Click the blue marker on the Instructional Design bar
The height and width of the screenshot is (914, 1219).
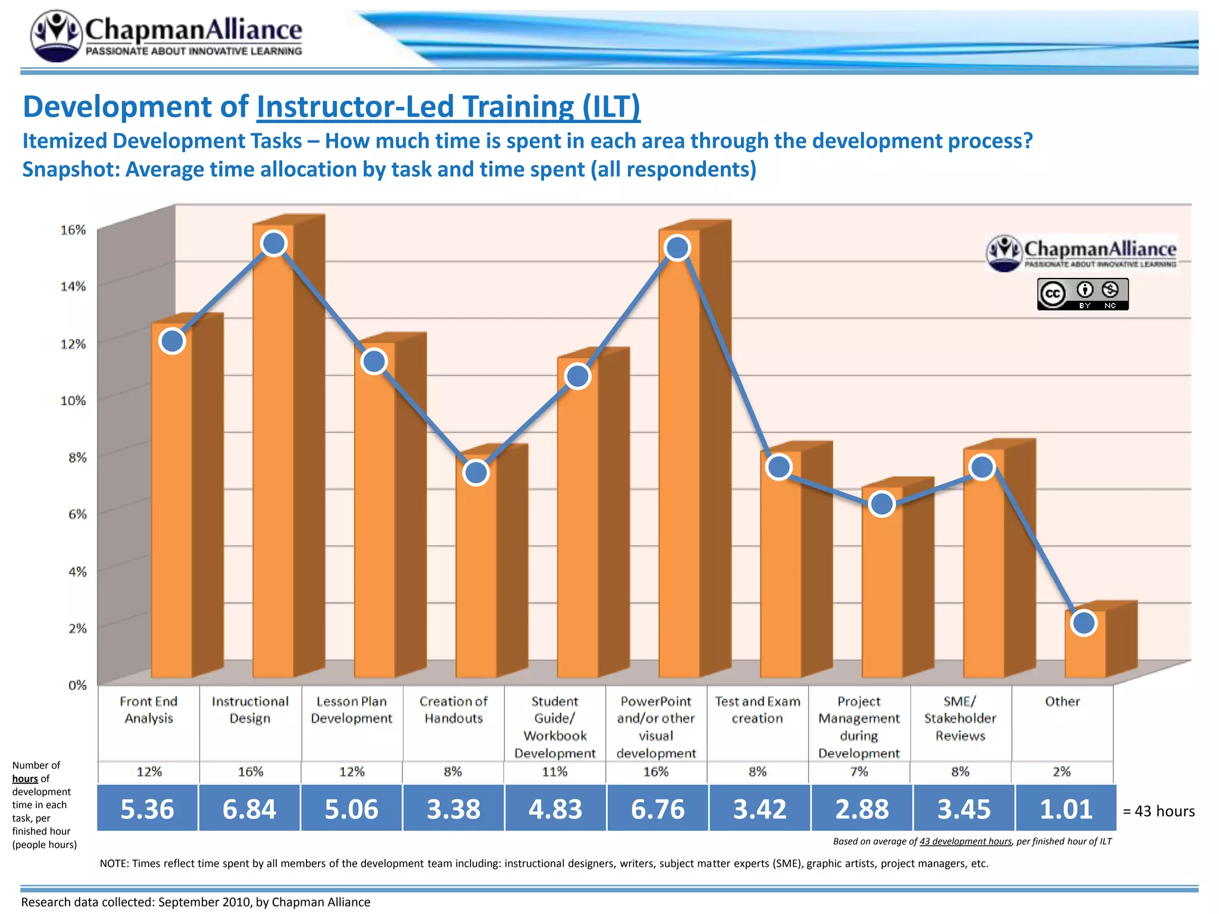[x=274, y=243]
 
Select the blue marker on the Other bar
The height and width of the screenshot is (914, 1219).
[x=1083, y=623]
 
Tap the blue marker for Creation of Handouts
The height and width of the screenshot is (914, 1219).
[x=476, y=473]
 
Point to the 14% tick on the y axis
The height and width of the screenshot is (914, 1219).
[x=73, y=286]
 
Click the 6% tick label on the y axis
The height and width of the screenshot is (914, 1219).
[x=77, y=514]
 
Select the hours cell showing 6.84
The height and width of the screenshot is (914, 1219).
[x=249, y=809]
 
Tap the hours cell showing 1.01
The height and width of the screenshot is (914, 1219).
[x=1065, y=809]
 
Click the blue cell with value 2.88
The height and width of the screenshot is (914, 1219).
[x=861, y=809]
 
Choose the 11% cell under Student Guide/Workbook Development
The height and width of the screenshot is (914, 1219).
[x=555, y=772]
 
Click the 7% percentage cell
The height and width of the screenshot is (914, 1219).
[x=859, y=772]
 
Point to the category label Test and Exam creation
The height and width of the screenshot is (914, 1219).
[x=757, y=710]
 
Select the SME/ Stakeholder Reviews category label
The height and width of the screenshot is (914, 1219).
[x=960, y=718]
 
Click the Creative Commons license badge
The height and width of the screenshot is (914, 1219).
[x=1083, y=294]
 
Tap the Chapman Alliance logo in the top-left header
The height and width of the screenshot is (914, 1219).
[x=167, y=36]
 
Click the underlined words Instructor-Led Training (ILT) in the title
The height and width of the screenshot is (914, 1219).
[x=448, y=107]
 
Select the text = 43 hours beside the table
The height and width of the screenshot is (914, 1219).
[x=1158, y=811]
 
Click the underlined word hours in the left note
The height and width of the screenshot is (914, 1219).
[x=25, y=778]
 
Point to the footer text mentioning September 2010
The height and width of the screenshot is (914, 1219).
[x=195, y=902]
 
